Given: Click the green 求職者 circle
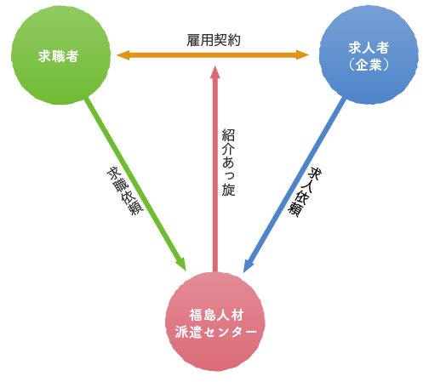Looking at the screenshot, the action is [60, 55].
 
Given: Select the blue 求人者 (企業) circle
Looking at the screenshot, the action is [369, 54].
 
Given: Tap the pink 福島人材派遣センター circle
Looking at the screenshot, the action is [215, 322].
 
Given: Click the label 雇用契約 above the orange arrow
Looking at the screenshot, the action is [214, 40].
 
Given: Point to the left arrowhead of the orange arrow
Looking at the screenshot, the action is [123, 55].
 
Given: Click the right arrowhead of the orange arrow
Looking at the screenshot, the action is [302, 54].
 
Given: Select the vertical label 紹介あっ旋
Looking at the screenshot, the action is [228, 162].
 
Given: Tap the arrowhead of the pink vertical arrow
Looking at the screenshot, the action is [215, 71].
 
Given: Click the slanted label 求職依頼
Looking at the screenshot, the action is [125, 191].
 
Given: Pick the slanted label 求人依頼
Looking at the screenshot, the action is [305, 192].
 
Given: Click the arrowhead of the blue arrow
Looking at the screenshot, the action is [249, 265].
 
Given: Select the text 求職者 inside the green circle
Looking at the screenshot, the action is [58, 56].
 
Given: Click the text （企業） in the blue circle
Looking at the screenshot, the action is [369, 65].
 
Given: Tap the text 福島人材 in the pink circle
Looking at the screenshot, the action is [216, 315].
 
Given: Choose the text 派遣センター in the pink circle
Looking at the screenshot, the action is [215, 332].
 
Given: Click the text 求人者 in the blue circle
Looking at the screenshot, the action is [369, 48].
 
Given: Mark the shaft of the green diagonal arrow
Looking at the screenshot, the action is [133, 180].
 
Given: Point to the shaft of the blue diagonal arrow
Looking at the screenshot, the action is [296, 182].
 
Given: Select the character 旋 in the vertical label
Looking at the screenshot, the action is [228, 190].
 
